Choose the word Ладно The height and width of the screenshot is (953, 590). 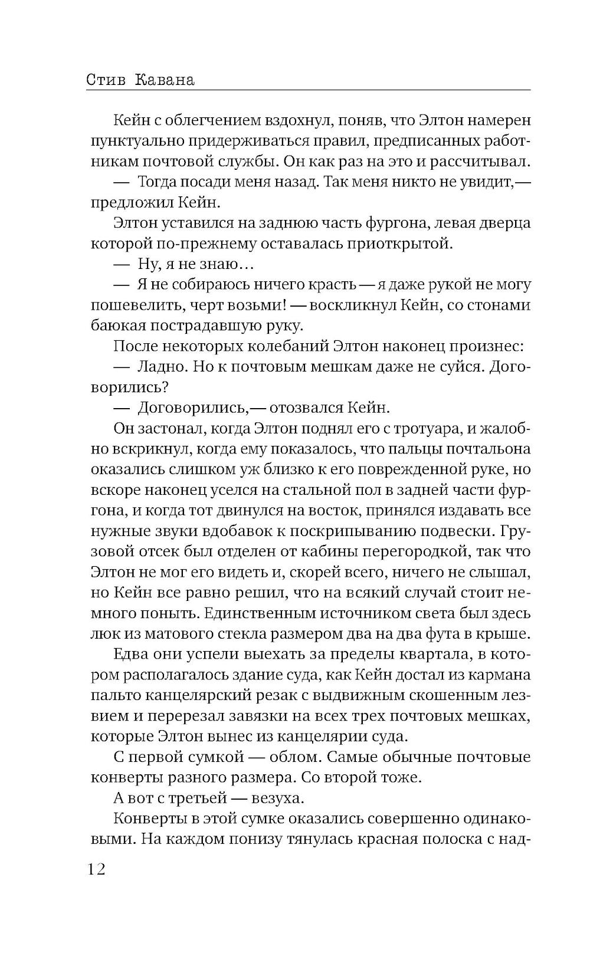click(x=160, y=367)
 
